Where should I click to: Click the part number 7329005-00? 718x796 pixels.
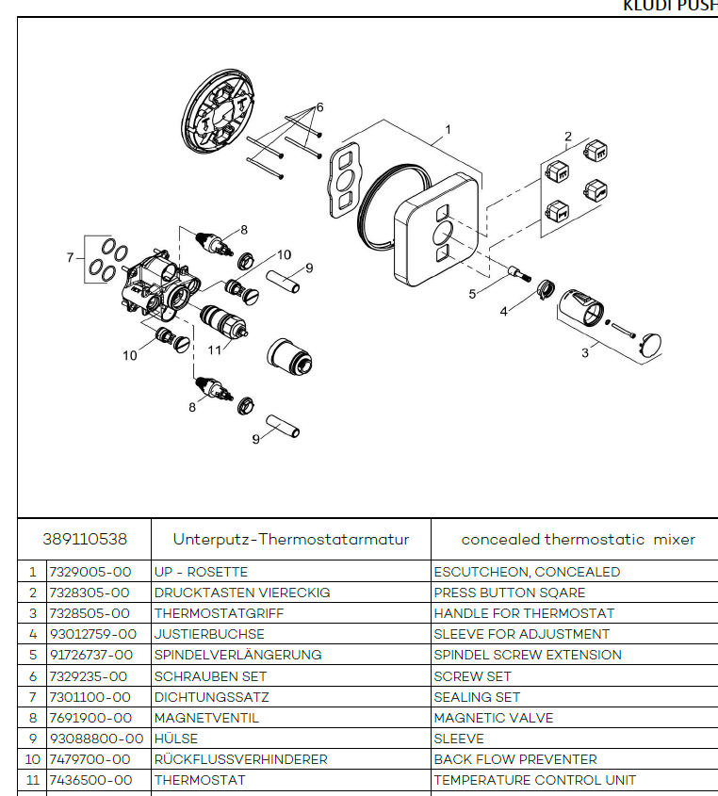(90, 572)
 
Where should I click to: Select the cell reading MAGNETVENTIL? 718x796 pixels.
(206, 718)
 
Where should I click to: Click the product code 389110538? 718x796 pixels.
(84, 540)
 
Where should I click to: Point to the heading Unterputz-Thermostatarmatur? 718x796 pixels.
(290, 540)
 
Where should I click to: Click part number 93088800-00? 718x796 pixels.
(96, 739)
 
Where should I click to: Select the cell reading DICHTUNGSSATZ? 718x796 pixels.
(211, 697)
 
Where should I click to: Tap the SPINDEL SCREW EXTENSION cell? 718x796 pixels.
(528, 655)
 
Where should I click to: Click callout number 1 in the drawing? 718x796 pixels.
(448, 129)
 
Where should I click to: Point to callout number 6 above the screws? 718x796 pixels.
(319, 106)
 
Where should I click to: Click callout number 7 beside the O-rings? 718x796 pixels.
(69, 257)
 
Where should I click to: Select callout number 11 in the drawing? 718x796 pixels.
(214, 349)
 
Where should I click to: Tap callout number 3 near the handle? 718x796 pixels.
(585, 353)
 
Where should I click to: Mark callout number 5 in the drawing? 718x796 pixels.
(473, 294)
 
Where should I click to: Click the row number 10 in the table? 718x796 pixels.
(32, 759)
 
